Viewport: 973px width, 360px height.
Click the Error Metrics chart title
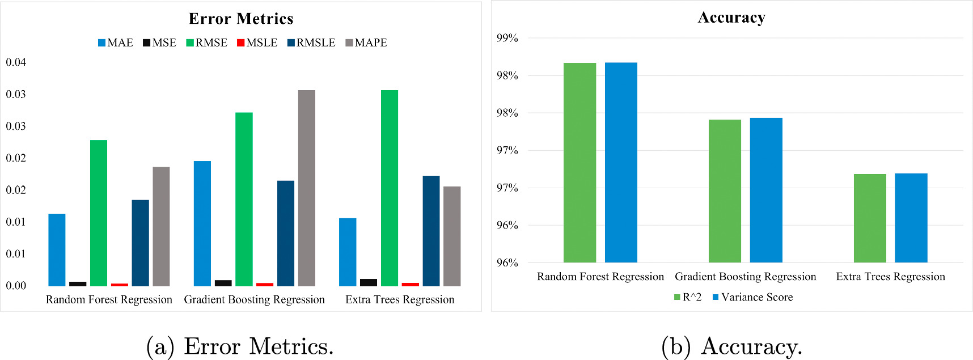(241, 19)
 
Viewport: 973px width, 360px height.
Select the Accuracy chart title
(731, 18)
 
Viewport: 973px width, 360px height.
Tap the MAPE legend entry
(366, 43)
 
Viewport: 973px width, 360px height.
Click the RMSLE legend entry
(311, 43)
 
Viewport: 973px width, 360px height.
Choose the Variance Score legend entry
(752, 297)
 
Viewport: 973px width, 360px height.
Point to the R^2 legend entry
(688, 297)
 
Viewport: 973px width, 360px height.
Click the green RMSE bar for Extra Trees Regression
(390, 188)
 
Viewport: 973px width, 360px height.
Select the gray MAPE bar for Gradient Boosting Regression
(307, 188)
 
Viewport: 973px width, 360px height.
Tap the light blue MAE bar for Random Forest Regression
(57, 249)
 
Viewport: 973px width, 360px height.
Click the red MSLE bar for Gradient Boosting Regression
(265, 284)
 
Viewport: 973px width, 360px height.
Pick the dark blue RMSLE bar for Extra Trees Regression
(431, 231)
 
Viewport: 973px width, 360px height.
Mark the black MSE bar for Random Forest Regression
(78, 283)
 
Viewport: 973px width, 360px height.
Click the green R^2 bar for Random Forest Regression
(579, 163)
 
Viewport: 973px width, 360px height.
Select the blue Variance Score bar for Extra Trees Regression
(911, 218)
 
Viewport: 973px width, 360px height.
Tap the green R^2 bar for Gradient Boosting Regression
(725, 191)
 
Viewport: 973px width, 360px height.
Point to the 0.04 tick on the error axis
(16, 62)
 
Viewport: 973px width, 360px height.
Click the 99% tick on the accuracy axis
(507, 39)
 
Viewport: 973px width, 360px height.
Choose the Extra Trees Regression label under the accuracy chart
(890, 277)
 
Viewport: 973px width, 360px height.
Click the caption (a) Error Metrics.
(240, 346)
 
